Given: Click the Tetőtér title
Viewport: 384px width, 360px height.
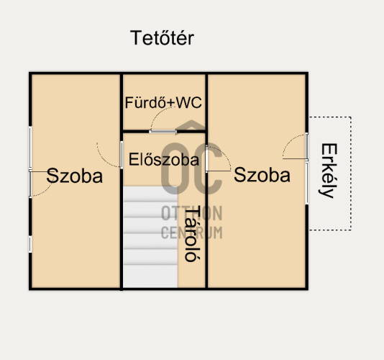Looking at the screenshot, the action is (162, 38).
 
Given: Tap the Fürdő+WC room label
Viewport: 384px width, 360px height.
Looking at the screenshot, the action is (163, 102).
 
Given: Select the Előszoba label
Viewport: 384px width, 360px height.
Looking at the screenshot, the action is (163, 160).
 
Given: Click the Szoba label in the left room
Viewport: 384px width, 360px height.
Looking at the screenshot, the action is (75, 176).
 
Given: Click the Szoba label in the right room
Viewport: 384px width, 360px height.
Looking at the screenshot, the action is (262, 175).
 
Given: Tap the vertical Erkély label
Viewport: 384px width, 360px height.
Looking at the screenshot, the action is (329, 171).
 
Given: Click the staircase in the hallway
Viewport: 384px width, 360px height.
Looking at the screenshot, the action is (150, 237).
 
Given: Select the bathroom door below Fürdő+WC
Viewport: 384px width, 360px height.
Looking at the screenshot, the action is (163, 132).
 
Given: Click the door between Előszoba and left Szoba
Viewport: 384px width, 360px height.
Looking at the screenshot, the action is (122, 155).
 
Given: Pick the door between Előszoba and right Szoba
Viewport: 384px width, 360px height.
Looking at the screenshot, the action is (206, 158).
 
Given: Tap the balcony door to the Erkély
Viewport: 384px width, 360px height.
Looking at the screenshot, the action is (306, 146).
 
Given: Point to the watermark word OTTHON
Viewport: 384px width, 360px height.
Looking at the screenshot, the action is (191, 213).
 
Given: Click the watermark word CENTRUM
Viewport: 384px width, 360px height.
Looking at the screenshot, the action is (191, 233).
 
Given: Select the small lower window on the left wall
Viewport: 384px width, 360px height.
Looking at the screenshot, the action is (30, 244).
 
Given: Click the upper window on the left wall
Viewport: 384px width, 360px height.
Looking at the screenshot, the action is (30, 147).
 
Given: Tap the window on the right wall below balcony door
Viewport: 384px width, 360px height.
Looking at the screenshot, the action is (306, 183).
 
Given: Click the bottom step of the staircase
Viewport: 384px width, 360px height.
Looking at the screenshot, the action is (150, 276).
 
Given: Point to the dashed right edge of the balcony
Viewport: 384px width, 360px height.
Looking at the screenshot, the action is (351, 174).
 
